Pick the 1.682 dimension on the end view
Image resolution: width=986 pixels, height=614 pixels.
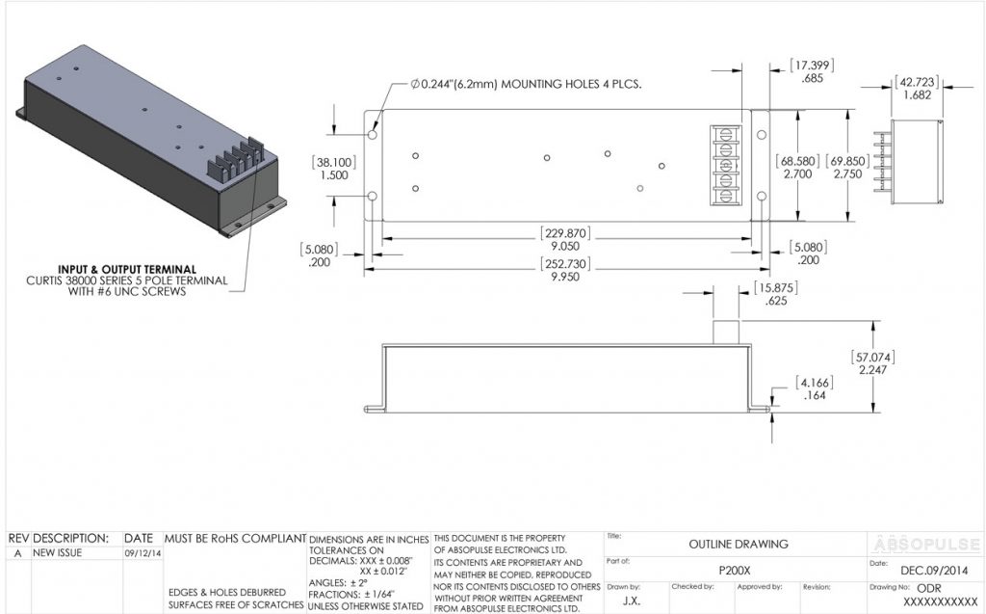point(916,95)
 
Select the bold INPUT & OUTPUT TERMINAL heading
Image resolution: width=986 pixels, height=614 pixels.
point(127,269)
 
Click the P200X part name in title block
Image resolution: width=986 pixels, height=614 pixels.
point(734,571)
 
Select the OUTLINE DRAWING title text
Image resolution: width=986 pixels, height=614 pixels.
point(738,544)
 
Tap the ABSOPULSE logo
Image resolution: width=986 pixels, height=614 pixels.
point(925,542)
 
